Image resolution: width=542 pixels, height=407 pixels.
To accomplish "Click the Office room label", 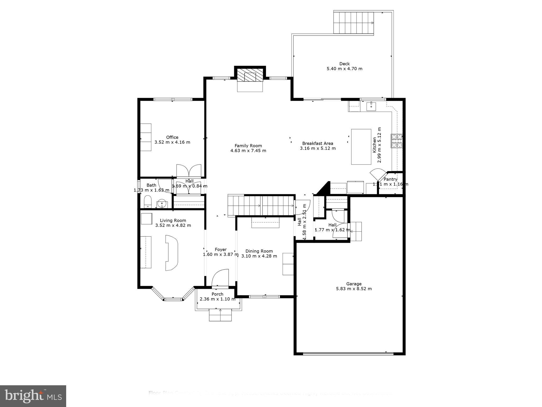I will pyautogui.click(x=172, y=137).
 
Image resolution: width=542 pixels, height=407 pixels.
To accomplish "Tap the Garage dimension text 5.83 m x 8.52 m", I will pyautogui.click(x=354, y=289).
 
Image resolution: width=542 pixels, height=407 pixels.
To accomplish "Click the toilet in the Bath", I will pyautogui.click(x=147, y=202).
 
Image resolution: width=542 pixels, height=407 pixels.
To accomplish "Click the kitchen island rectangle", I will pyautogui.click(x=361, y=147).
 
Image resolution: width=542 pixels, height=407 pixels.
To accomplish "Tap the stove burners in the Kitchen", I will pyautogui.click(x=397, y=141).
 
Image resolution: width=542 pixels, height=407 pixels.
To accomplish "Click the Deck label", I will pyautogui.click(x=345, y=64).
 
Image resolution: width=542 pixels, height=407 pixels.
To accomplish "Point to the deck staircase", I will pyautogui.click(x=353, y=23).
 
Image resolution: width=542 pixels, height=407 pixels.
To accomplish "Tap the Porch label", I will pyautogui.click(x=217, y=294).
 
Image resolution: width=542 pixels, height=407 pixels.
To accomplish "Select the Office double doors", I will pyautogui.click(x=189, y=171).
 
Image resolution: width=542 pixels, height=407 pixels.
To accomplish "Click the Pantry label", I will pyautogui.click(x=390, y=179).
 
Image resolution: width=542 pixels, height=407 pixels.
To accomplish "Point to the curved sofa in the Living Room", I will pyautogui.click(x=171, y=253).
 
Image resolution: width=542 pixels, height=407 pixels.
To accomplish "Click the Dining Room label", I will pyautogui.click(x=259, y=251).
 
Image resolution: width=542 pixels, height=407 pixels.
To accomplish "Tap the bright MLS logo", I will pyautogui.click(x=33, y=396).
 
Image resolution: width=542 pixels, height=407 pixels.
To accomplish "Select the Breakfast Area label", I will pyautogui.click(x=318, y=143).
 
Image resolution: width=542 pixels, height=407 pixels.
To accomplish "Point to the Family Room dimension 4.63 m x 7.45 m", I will pyautogui.click(x=248, y=151).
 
